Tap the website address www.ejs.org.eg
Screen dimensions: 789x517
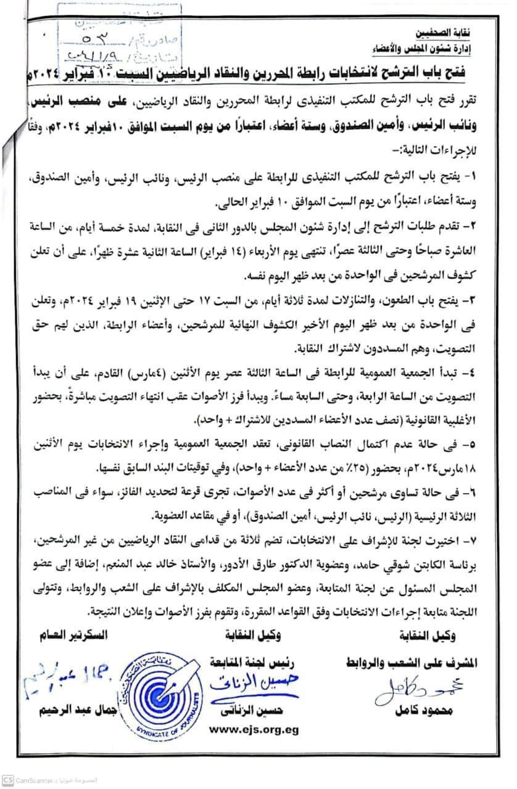click(x=254, y=729)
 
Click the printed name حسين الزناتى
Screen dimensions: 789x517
click(x=254, y=710)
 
